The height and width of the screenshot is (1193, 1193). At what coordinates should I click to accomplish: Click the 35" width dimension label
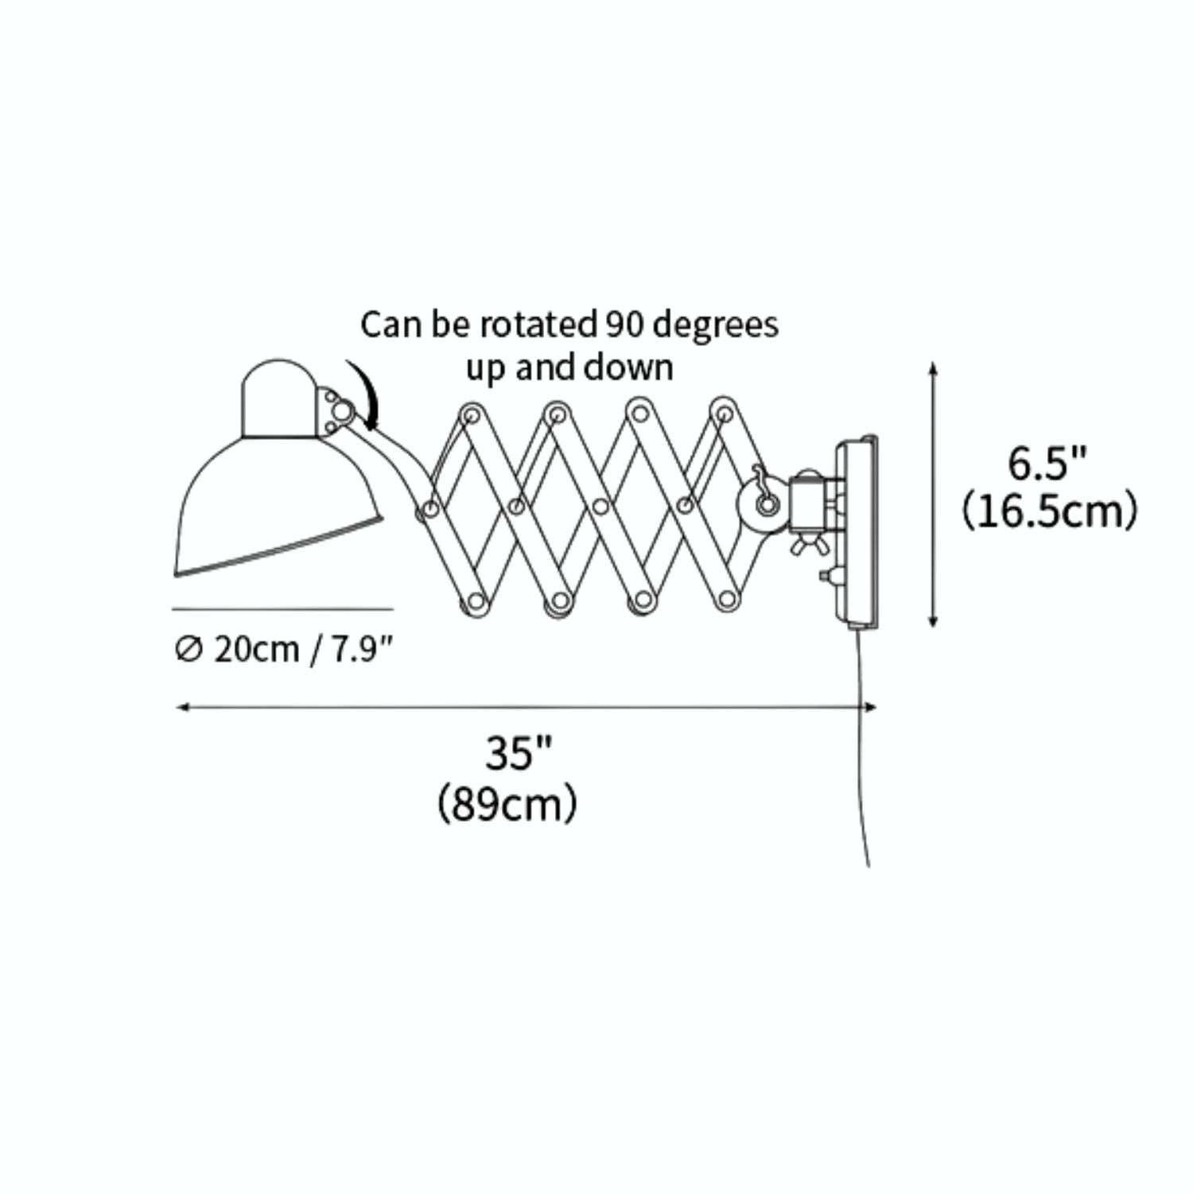click(x=519, y=752)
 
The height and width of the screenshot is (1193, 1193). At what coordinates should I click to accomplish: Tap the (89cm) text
click(x=507, y=804)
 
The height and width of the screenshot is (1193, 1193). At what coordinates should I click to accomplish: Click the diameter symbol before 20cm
click(x=188, y=649)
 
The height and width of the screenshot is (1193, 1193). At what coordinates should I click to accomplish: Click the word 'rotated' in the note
click(x=538, y=324)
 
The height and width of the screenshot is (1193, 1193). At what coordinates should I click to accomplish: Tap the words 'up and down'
click(x=569, y=367)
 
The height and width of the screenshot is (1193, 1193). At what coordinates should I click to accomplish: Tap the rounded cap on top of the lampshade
click(x=278, y=398)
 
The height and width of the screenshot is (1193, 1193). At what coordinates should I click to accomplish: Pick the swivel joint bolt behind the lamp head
click(x=342, y=411)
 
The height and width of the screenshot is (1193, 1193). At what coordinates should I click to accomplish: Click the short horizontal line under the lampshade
click(x=282, y=609)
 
